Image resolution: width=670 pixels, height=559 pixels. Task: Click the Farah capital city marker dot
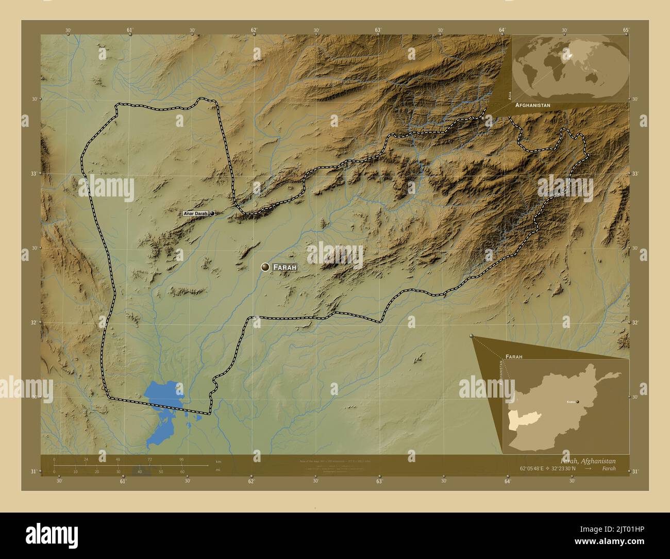(x=265, y=267)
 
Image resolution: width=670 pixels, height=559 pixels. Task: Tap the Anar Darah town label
(x=195, y=213)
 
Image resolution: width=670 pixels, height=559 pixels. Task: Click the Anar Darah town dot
(x=212, y=213)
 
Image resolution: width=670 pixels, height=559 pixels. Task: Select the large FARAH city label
(x=285, y=268)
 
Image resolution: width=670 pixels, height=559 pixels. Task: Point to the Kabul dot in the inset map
(x=578, y=401)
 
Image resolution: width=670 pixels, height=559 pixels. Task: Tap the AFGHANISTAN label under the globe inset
(x=532, y=105)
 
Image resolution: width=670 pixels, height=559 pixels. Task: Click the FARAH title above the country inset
(x=514, y=356)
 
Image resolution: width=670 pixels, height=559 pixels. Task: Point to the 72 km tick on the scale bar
(x=150, y=459)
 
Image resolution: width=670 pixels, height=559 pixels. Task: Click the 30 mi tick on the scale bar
(x=118, y=471)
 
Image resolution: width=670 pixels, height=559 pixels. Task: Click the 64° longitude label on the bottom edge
(x=507, y=481)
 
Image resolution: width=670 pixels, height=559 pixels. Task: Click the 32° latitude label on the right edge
(x=635, y=322)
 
